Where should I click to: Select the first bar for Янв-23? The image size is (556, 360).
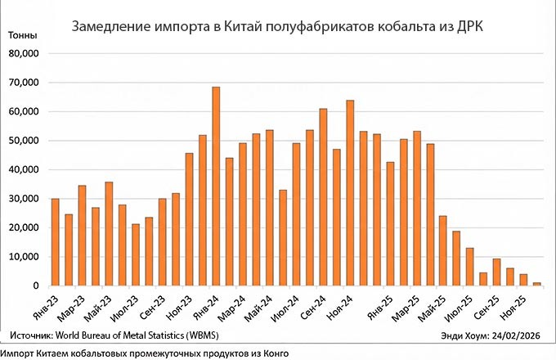coord(55,242)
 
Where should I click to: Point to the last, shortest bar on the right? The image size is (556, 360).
coord(536,284)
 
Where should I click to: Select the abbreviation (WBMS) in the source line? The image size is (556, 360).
coord(200,335)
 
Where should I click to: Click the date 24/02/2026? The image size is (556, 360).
coord(519,335)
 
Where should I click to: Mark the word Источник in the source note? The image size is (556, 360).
coord(32,335)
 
